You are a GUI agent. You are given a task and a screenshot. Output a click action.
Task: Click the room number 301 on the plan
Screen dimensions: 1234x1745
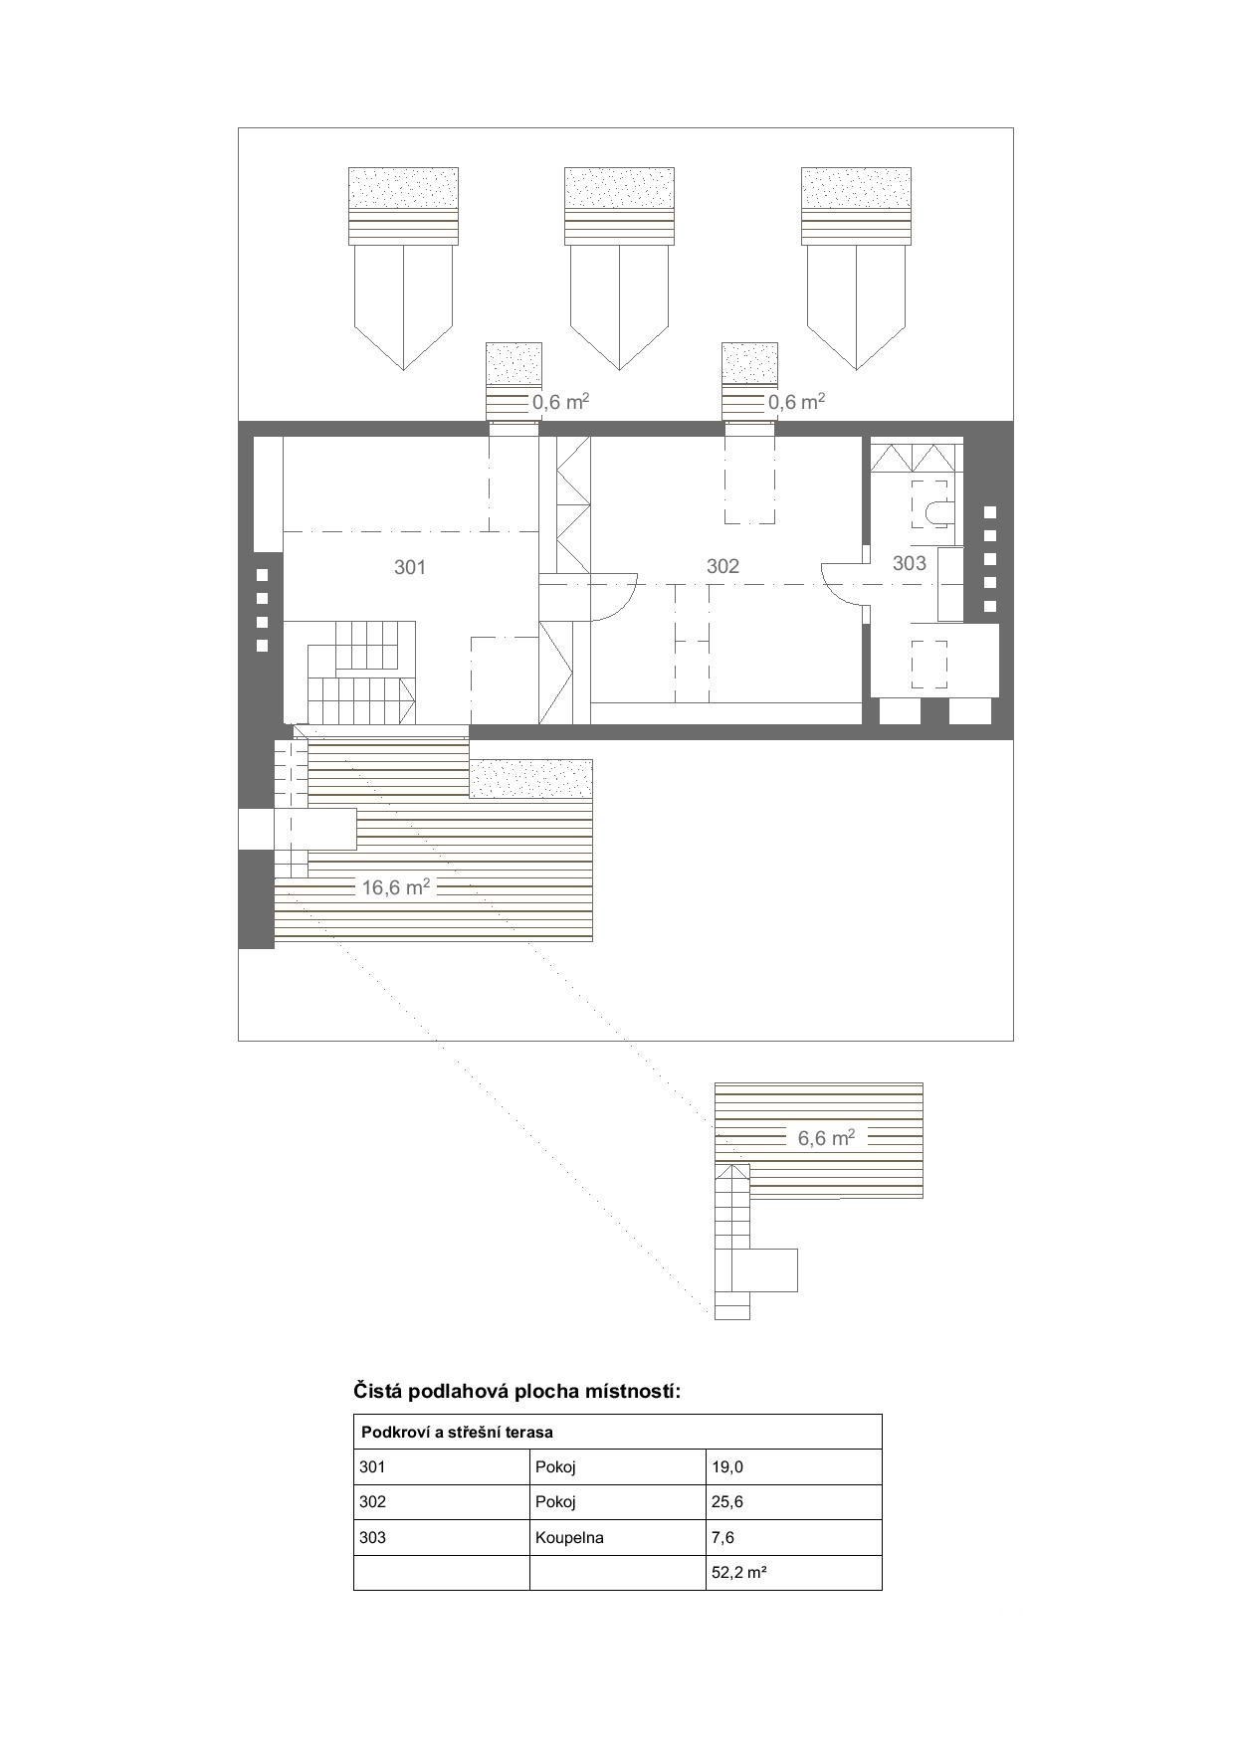coord(410,567)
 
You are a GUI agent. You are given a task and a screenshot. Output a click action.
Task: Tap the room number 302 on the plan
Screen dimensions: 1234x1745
coord(722,566)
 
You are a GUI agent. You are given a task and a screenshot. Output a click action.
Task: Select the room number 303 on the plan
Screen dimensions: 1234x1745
coord(909,563)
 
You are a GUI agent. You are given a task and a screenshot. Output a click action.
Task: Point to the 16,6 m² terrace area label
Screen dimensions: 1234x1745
coord(396,886)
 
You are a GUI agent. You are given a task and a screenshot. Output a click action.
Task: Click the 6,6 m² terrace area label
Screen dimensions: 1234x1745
coord(827,1137)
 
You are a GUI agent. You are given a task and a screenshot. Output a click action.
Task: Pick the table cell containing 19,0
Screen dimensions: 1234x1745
coord(793,1466)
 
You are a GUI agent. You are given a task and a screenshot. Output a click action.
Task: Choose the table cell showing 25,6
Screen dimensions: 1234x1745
coord(793,1502)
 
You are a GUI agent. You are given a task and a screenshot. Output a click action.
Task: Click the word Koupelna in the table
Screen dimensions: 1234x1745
coord(569,1537)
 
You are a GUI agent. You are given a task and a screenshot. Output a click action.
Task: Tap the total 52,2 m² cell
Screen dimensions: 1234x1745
coord(793,1573)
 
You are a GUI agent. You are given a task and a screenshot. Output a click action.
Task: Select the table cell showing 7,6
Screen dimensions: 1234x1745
coord(793,1537)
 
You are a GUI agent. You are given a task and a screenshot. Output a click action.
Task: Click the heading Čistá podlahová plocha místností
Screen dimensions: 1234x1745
coord(517,1391)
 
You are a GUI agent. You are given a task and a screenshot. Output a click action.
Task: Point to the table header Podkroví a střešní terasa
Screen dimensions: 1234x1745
coord(457,1433)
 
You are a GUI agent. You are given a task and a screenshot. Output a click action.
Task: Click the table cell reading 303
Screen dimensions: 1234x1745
coord(442,1537)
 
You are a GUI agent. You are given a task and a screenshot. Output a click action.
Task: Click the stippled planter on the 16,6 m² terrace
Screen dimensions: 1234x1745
coord(531,779)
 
